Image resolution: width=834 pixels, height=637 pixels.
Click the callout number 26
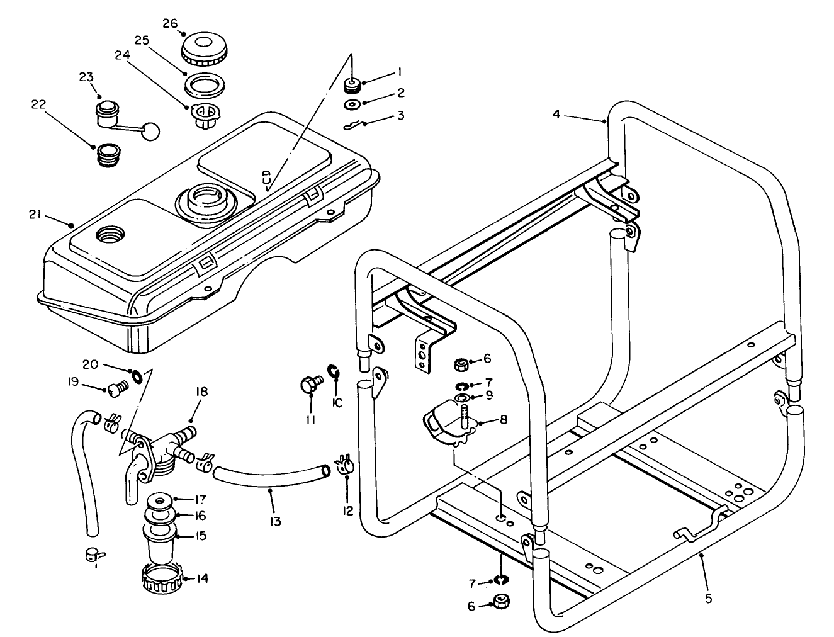pyautogui.click(x=170, y=23)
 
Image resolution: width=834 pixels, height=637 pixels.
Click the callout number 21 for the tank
pyautogui.click(x=35, y=215)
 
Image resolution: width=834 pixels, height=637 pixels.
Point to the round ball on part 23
pyautogui.click(x=150, y=131)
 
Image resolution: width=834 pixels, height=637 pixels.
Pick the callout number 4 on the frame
pyautogui.click(x=556, y=114)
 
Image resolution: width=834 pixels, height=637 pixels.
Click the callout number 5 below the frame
pyautogui.click(x=708, y=599)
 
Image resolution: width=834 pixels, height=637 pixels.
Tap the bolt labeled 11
pyautogui.click(x=310, y=383)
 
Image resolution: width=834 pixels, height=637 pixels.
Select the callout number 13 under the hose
pyautogui.click(x=275, y=521)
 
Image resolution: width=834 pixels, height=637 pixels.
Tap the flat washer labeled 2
pyautogui.click(x=353, y=104)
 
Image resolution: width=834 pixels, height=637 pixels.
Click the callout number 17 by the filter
pyautogui.click(x=200, y=498)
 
